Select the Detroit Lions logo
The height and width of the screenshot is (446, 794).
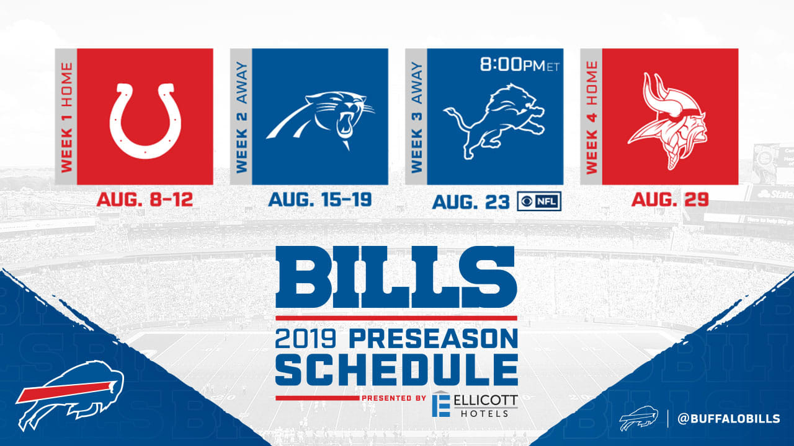[494, 121]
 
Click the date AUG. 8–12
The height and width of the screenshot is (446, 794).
[145, 199]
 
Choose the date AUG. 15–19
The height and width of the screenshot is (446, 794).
[320, 199]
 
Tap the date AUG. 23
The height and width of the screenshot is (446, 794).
[471, 202]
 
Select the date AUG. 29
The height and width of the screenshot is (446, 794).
[670, 199]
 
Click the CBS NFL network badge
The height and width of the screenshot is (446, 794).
[539, 201]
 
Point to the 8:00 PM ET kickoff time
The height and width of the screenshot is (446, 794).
[520, 65]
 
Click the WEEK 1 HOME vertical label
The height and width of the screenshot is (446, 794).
[66, 118]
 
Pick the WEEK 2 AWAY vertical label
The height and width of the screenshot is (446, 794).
[242, 118]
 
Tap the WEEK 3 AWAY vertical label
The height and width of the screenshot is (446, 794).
[417, 118]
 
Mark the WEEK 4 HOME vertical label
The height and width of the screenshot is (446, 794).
[592, 118]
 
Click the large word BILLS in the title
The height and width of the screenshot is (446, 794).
[396, 277]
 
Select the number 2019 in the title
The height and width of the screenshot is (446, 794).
[305, 339]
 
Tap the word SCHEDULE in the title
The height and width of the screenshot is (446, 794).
[396, 370]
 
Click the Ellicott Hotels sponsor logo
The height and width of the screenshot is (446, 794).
[475, 404]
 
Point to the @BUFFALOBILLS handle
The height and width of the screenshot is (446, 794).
[729, 419]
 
